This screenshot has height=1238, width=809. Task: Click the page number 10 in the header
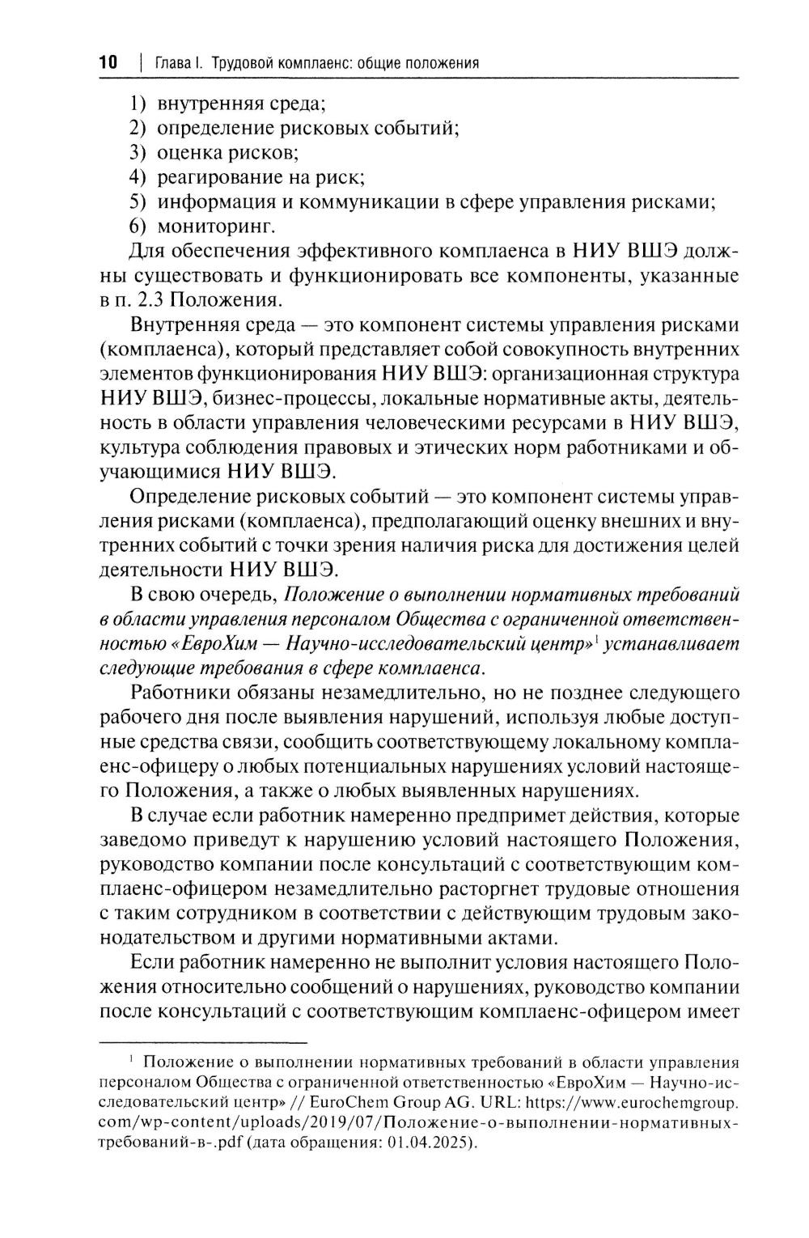(x=108, y=62)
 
